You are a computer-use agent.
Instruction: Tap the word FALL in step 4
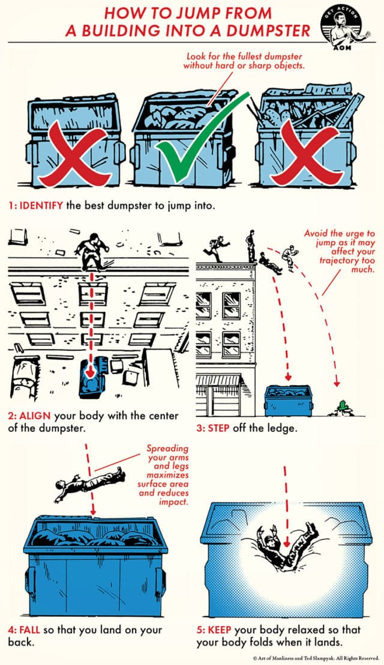[34, 628]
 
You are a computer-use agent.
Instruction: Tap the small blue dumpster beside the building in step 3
[287, 400]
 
